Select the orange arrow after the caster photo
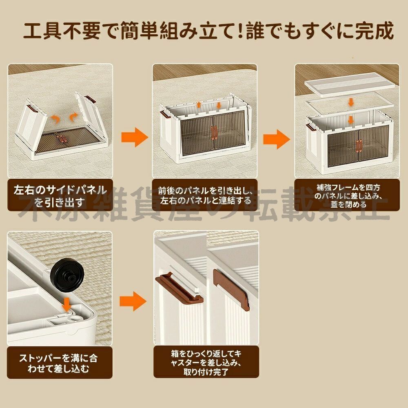(133, 302)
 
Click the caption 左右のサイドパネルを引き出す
(60, 195)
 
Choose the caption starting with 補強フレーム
(347, 195)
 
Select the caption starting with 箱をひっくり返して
(206, 361)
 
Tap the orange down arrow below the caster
(66, 304)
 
